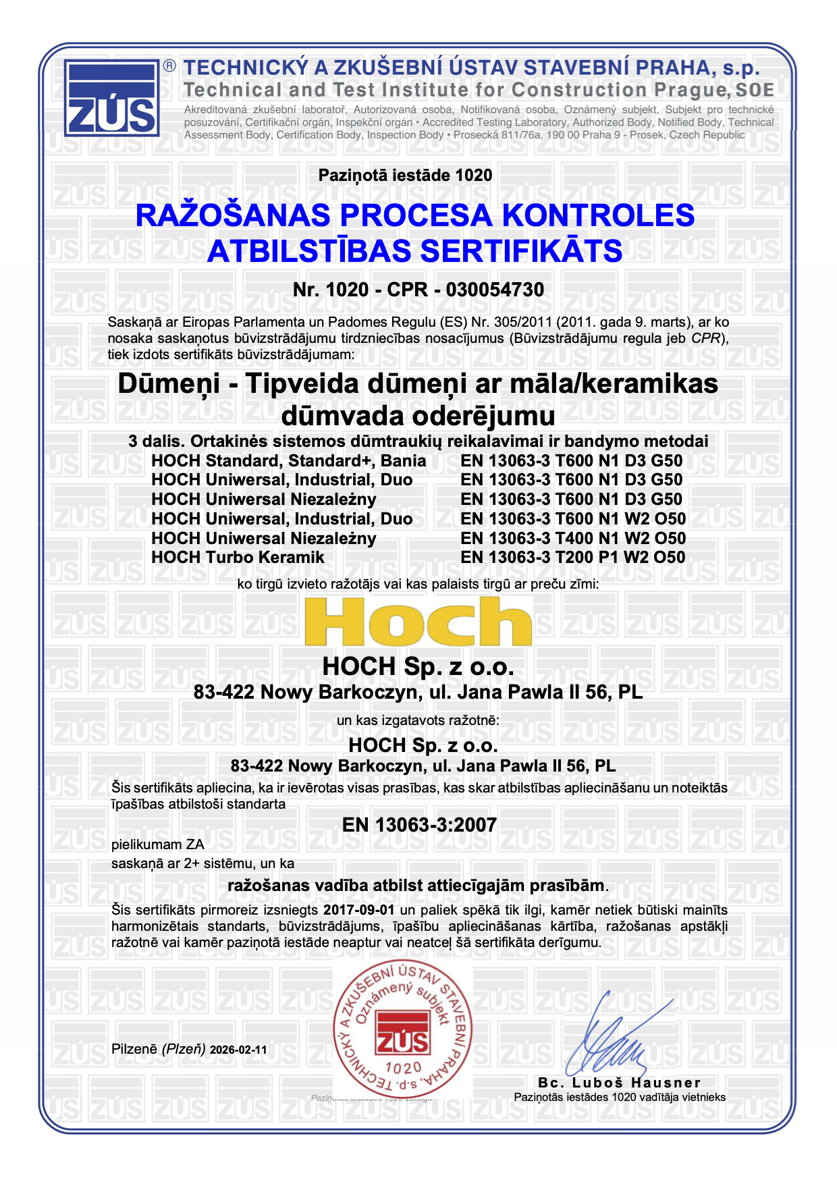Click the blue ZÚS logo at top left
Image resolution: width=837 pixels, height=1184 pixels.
[x=112, y=99]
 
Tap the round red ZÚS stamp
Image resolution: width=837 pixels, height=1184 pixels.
[x=402, y=1029]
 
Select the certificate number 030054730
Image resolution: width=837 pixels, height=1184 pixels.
[x=495, y=290]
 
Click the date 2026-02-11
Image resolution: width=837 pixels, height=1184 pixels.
[x=238, y=1050]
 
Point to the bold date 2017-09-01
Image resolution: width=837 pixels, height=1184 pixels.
[x=358, y=910]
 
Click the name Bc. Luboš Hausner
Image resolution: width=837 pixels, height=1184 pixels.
[x=620, y=1083]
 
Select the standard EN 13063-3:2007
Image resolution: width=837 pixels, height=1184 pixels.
[x=419, y=825]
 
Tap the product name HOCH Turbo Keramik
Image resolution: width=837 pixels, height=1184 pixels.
[x=238, y=558]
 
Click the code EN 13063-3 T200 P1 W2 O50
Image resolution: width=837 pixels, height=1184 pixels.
[x=572, y=558]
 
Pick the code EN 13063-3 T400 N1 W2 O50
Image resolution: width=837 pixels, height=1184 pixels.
[x=572, y=539]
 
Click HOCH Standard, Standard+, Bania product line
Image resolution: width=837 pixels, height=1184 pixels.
[x=288, y=461]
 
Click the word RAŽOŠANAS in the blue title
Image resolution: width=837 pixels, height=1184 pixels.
[x=233, y=216]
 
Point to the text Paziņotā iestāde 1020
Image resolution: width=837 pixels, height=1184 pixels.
[x=405, y=176]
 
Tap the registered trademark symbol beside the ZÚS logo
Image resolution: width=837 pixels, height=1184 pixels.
[x=169, y=65]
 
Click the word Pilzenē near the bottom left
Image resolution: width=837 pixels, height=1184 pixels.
[x=135, y=1050]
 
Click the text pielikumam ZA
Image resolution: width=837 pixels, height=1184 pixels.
[x=157, y=844]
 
